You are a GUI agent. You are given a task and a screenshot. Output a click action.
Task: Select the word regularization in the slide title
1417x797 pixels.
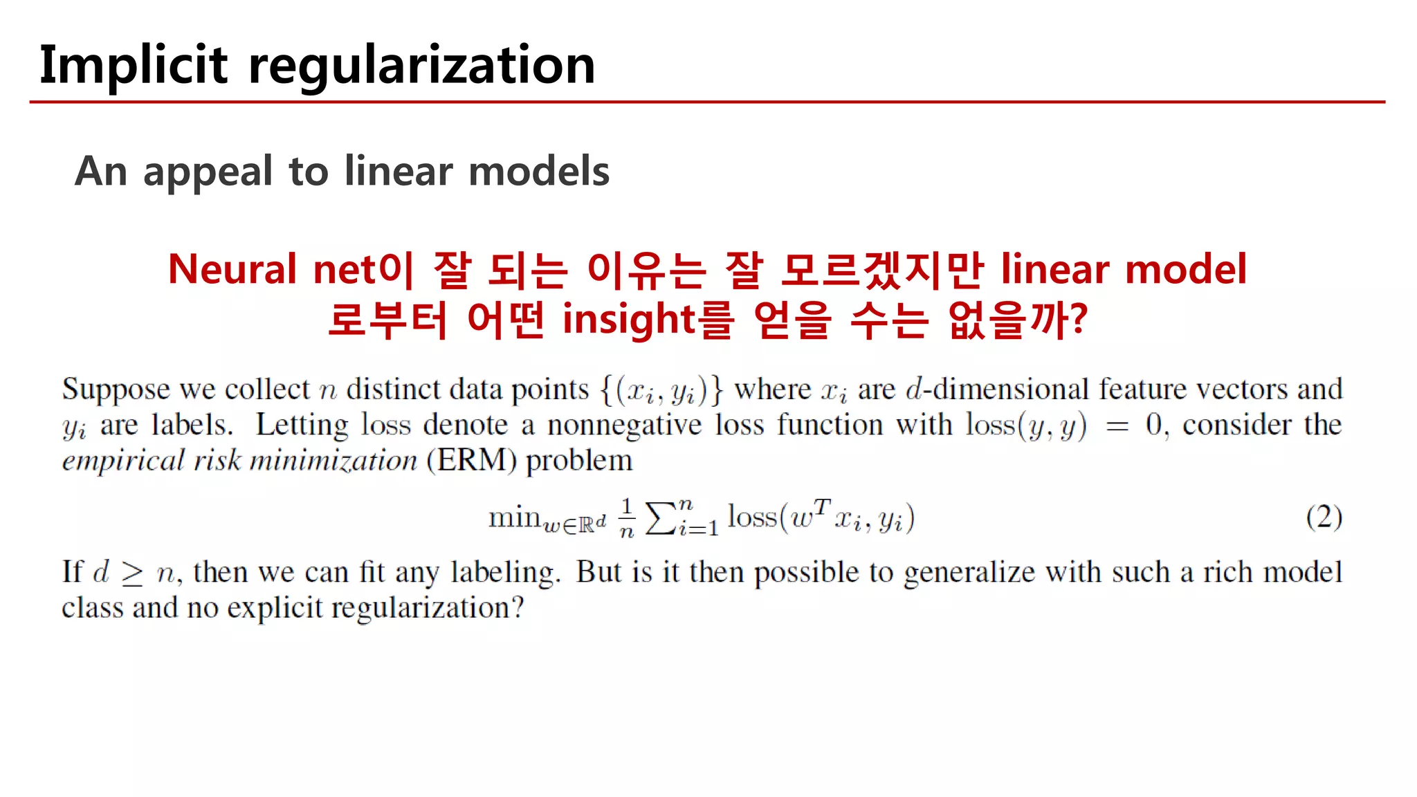point(421,66)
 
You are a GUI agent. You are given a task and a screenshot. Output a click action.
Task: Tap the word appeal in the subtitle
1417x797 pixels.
point(208,172)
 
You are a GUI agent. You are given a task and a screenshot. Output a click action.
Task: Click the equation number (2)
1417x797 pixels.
point(1324,517)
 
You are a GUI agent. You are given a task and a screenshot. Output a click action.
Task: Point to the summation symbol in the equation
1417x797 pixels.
point(661,518)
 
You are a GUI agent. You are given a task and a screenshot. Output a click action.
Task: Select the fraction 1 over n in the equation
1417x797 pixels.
point(626,517)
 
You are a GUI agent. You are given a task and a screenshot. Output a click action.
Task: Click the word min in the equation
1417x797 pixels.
point(514,517)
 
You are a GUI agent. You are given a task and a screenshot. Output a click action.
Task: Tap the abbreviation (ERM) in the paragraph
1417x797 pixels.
point(471,461)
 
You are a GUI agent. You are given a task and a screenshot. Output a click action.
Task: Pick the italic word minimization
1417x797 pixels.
point(333,461)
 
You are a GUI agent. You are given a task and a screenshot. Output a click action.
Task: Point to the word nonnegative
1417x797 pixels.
point(624,425)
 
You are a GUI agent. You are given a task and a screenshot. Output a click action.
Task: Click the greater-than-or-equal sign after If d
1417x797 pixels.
point(132,574)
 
